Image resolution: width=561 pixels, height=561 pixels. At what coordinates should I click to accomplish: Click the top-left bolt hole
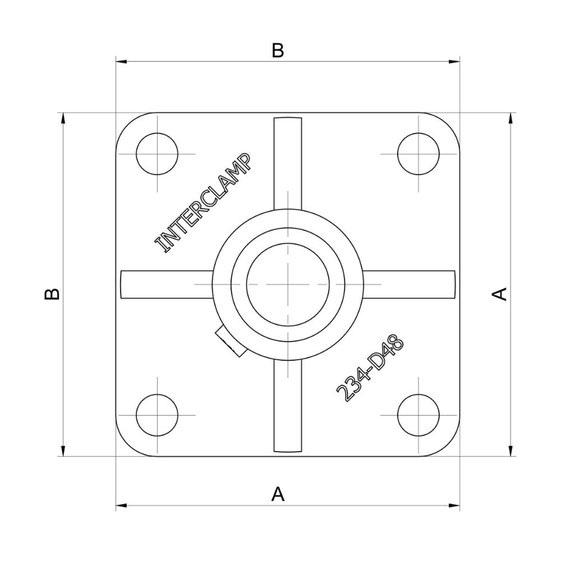coord(157,154)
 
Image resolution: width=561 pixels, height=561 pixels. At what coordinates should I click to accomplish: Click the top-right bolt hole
coord(418,154)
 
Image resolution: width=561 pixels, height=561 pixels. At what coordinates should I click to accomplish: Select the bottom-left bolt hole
coord(157,415)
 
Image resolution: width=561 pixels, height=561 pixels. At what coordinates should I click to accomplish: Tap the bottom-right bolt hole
coord(418,415)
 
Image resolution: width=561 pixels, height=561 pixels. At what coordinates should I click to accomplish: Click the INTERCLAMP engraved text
coord(203,203)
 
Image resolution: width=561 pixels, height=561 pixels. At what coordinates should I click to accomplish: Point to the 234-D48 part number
coord(370,368)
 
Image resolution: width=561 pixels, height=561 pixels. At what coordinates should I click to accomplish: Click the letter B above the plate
coord(278,50)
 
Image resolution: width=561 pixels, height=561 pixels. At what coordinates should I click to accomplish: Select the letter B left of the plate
coord(52,294)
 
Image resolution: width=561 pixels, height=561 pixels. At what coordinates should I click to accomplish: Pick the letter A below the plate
coord(278,494)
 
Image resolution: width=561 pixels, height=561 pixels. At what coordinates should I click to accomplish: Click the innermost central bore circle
coord(288,284)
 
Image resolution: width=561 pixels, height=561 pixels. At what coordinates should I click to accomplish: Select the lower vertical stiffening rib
coord(288,407)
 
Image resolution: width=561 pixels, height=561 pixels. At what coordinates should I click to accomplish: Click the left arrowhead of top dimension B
coord(121,62)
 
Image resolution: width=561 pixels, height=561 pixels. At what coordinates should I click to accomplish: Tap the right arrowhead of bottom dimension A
coord(454,506)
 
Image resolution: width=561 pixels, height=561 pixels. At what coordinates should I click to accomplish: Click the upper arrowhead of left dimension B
coord(63,118)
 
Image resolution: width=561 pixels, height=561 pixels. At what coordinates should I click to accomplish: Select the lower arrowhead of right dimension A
coord(511,451)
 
